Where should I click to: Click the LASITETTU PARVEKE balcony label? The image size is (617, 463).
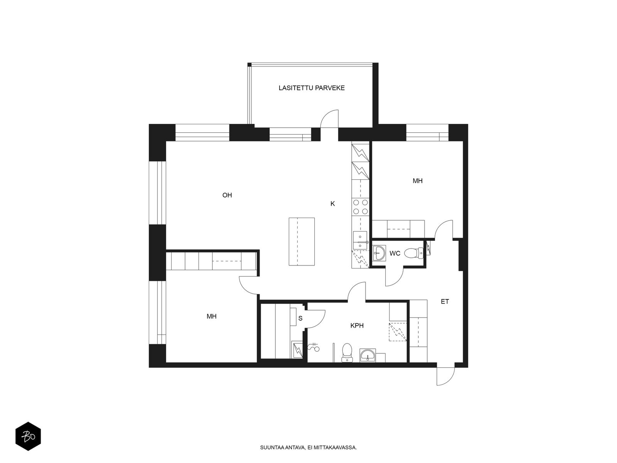(x=312, y=88)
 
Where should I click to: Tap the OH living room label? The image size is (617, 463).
(x=227, y=195)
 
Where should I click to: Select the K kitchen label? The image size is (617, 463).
(x=332, y=204)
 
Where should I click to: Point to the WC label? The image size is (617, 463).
(x=394, y=253)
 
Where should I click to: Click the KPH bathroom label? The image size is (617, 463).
(x=357, y=326)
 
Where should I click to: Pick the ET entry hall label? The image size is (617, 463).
(x=445, y=302)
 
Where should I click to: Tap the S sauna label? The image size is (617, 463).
(x=300, y=318)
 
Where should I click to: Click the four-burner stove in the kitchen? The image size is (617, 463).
(x=360, y=207)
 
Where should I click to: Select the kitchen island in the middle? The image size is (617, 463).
(x=302, y=242)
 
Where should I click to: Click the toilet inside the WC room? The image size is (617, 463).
(x=413, y=253)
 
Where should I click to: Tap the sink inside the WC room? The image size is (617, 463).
(x=379, y=253)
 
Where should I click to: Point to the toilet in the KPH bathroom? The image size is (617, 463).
(x=347, y=353)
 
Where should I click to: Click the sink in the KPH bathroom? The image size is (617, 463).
(x=368, y=355)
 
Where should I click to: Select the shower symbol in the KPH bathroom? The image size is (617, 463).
(x=314, y=347)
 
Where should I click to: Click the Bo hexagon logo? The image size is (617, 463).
(x=28, y=437)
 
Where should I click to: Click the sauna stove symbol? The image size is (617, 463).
(x=297, y=350)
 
